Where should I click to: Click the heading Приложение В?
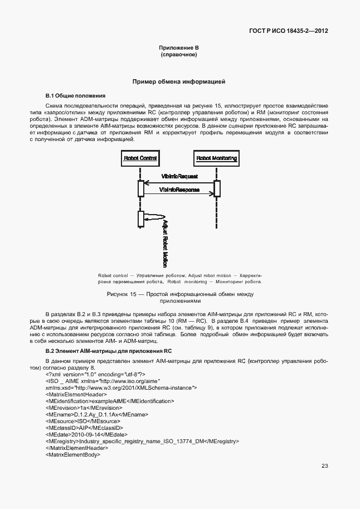tap(178, 49)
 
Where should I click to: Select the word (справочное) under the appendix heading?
tap(178, 55)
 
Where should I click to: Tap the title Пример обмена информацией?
tap(178, 82)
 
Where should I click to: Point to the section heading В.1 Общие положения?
tap(75, 96)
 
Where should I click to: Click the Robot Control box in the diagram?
tap(140, 158)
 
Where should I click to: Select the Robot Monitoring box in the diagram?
tap(217, 158)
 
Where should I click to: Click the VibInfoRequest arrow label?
tap(179, 176)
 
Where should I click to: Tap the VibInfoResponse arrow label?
tap(179, 190)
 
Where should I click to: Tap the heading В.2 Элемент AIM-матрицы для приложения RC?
tap(108, 352)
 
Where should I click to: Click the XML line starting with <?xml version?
tap(95, 374)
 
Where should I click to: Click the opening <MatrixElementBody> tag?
tap(72, 454)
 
